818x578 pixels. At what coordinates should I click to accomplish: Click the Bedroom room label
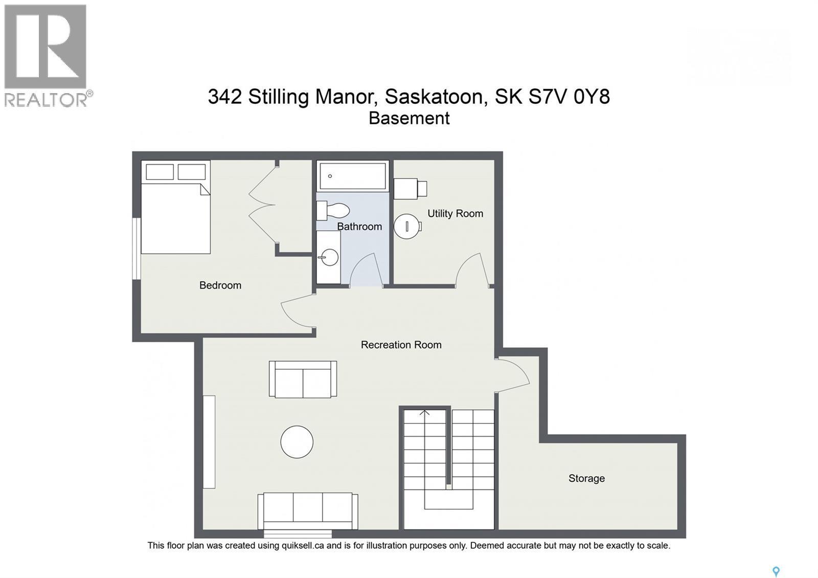pyautogui.click(x=220, y=285)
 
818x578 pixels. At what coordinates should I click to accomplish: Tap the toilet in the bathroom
pyautogui.click(x=333, y=210)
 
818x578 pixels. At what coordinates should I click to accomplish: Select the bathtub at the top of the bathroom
pyautogui.click(x=352, y=176)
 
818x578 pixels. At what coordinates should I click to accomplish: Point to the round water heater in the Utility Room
pyautogui.click(x=407, y=226)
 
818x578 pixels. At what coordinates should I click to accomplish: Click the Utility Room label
pyautogui.click(x=455, y=214)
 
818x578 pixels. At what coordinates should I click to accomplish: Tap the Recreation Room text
pyautogui.click(x=401, y=345)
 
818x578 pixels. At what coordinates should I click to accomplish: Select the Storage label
pyautogui.click(x=586, y=478)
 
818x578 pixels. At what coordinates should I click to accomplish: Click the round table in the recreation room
pyautogui.click(x=297, y=442)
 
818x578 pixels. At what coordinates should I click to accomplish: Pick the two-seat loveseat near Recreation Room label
pyautogui.click(x=303, y=380)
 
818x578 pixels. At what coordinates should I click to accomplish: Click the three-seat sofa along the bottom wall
pyautogui.click(x=308, y=512)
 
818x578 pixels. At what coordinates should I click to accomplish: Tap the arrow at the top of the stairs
pyautogui.click(x=424, y=413)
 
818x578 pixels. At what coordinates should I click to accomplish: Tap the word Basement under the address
pyautogui.click(x=409, y=118)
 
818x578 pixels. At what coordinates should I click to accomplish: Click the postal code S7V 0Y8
pyautogui.click(x=569, y=97)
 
